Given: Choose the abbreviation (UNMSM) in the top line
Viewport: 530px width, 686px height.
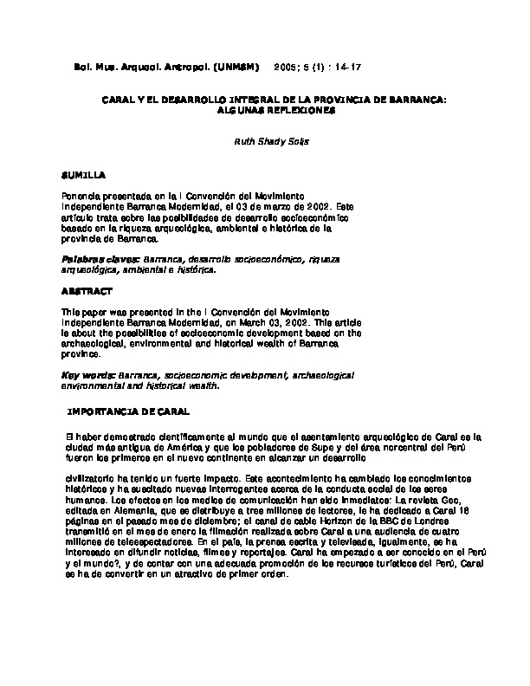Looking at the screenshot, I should tap(230, 66).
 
